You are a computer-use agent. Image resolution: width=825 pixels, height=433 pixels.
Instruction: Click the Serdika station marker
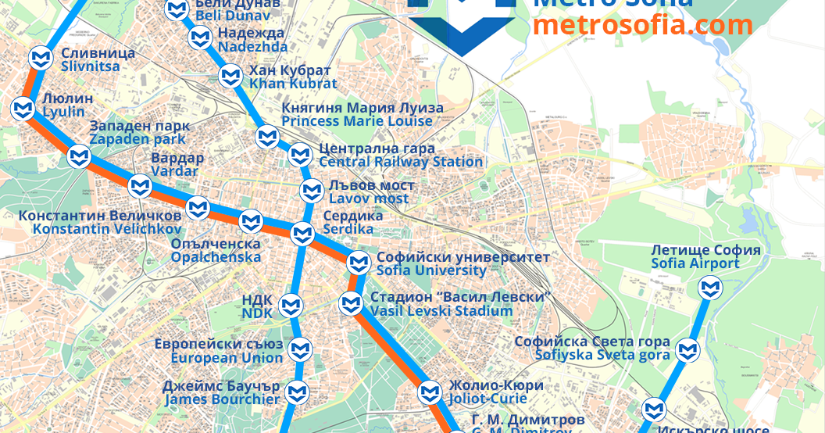(x=302, y=233)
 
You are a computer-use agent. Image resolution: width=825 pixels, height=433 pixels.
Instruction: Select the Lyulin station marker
(x=23, y=109)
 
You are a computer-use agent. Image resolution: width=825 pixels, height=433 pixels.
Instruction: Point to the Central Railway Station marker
(x=300, y=156)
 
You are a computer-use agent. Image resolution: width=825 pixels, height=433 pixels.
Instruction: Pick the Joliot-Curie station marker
(x=430, y=392)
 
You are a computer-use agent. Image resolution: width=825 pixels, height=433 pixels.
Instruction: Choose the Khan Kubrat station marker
(x=230, y=77)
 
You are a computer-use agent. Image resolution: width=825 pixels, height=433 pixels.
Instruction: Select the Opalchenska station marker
(x=250, y=222)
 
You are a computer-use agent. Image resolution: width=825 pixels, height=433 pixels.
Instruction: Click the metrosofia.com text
(x=642, y=25)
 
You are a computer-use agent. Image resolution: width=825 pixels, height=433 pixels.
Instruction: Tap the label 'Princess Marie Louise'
(x=357, y=121)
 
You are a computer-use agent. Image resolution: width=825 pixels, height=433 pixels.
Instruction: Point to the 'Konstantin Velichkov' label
(x=107, y=229)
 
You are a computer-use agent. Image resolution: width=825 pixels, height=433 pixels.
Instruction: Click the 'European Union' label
(x=227, y=358)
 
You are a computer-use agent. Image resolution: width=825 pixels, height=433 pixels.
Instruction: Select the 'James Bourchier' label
(x=222, y=399)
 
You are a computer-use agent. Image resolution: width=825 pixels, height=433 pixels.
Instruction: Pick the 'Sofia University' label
(x=431, y=270)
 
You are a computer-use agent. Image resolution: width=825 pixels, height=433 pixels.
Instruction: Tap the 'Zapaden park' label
(x=137, y=139)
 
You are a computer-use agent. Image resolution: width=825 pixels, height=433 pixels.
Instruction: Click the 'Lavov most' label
(x=368, y=199)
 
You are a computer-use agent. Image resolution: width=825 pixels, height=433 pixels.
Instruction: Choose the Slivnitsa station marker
(x=41, y=59)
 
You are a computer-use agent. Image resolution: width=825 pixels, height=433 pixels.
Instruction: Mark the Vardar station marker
(x=140, y=187)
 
